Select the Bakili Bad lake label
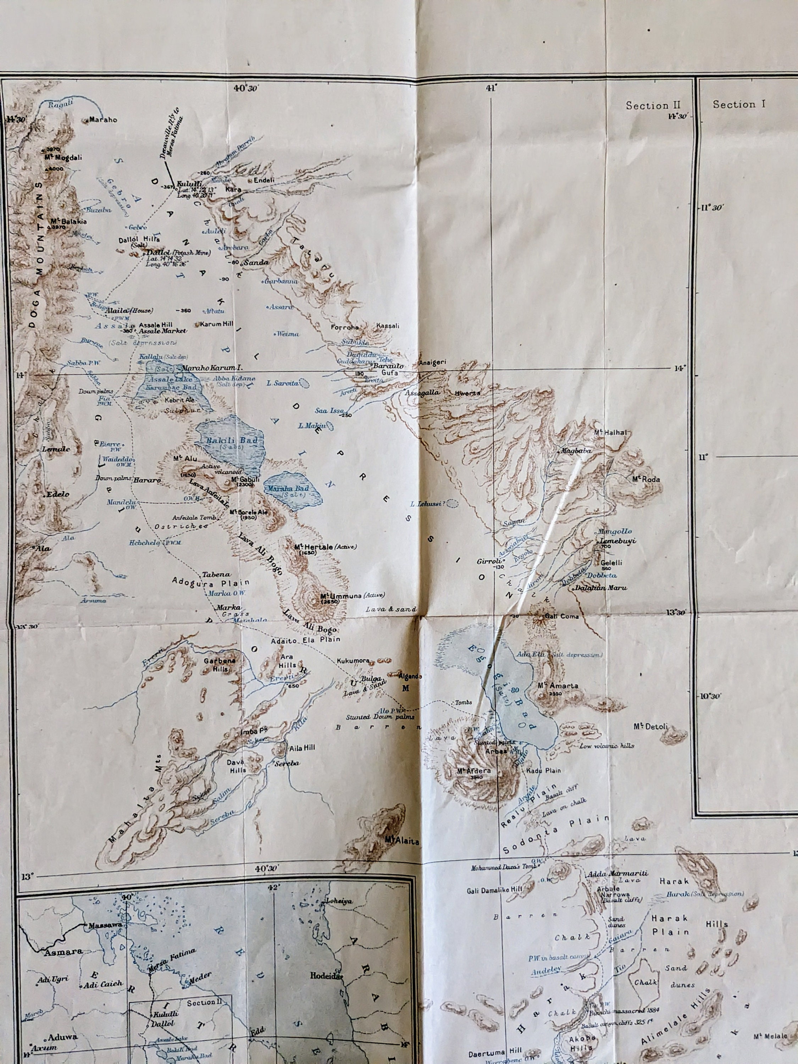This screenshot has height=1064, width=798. (x=232, y=440)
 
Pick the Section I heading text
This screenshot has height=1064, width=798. (x=739, y=104)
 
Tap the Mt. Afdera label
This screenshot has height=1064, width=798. (x=474, y=771)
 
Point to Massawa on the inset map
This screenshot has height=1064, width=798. (x=102, y=925)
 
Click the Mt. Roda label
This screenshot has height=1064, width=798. (x=646, y=479)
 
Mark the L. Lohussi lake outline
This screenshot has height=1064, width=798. (x=452, y=504)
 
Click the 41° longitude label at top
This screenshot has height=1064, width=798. (x=490, y=88)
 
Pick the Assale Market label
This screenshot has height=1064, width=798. (x=155, y=331)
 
